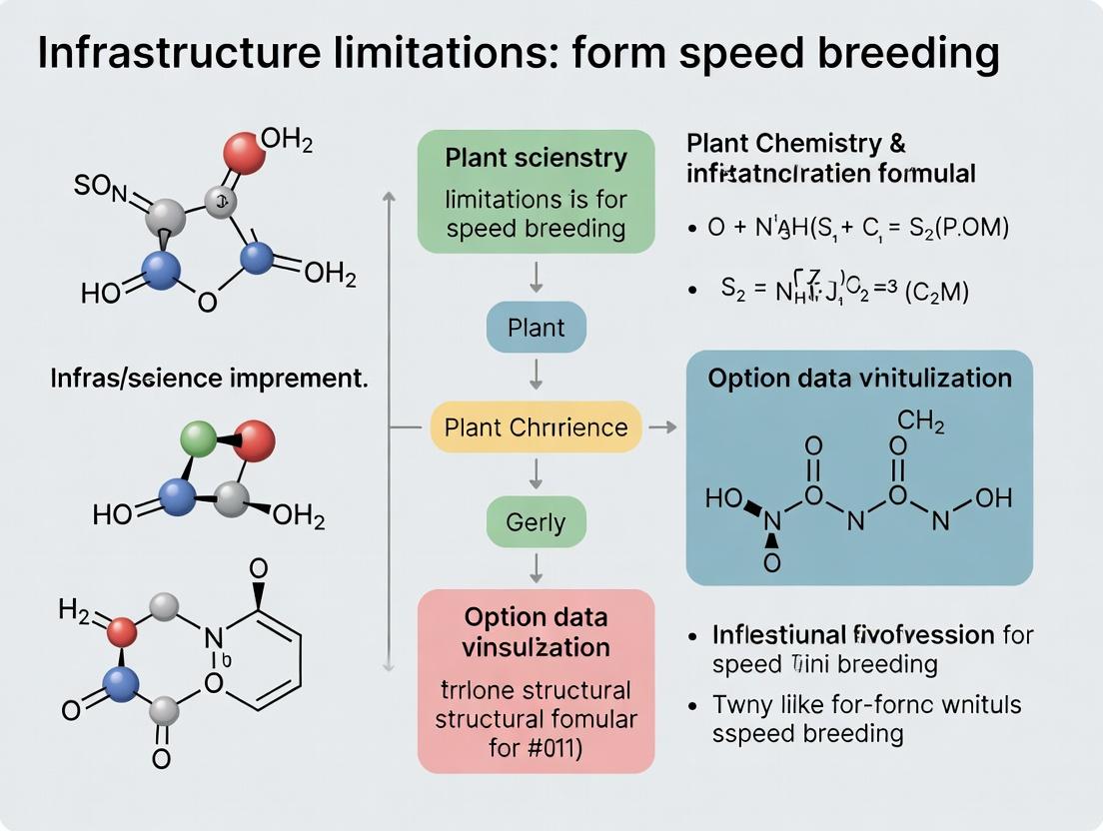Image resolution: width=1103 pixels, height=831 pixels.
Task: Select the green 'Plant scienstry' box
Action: (536, 191)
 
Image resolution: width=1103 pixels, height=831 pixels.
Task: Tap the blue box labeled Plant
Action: (536, 328)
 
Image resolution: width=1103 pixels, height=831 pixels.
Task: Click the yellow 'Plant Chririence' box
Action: (536, 427)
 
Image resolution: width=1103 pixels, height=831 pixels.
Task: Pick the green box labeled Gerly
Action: (536, 521)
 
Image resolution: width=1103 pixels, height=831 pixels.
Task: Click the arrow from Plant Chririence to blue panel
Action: (662, 427)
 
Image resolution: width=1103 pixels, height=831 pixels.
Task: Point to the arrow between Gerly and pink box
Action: (536, 567)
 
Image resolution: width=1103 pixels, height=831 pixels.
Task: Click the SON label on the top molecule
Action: (96, 186)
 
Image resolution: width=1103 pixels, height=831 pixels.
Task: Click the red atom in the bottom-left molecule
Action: (122, 631)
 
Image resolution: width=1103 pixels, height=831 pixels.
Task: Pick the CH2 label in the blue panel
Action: (921, 422)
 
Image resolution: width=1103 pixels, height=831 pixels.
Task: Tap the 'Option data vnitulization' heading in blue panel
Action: (859, 379)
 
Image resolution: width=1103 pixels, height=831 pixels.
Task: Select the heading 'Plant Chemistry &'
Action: (796, 143)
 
